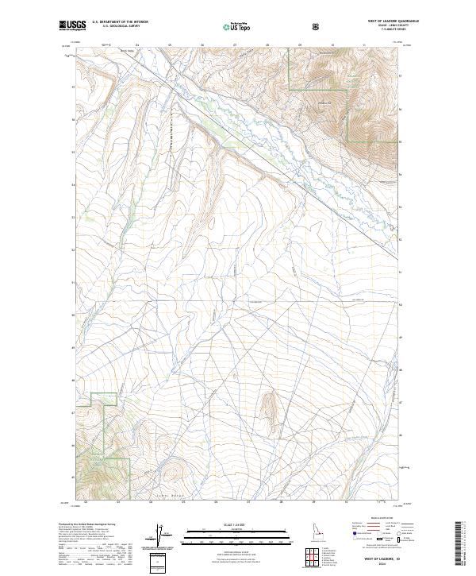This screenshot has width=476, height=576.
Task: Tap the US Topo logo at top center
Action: (236, 26)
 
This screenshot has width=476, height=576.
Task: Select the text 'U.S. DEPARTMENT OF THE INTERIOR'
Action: (120, 22)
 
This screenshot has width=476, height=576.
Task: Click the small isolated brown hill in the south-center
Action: (268, 405)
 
